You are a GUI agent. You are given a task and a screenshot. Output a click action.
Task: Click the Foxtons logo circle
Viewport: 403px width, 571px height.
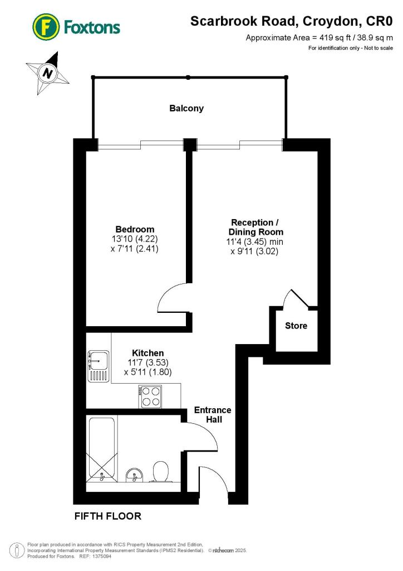click(x=46, y=27)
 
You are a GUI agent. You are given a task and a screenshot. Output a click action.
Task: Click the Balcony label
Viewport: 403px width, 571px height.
click(x=186, y=108)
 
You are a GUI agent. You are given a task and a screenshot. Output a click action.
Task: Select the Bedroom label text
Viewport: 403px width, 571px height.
click(x=135, y=229)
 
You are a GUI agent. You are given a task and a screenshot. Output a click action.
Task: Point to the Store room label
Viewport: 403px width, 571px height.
click(x=296, y=326)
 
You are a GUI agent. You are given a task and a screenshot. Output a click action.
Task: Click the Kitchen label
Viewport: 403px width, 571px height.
click(x=148, y=353)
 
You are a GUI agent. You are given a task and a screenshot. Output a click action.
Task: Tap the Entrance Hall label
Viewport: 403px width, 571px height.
click(x=212, y=414)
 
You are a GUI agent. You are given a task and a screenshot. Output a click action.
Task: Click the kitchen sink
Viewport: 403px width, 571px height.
click(x=98, y=366)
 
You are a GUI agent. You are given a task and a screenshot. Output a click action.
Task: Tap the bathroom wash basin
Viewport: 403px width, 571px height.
click(x=134, y=475)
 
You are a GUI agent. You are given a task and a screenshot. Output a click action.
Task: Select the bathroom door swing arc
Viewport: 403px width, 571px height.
click(x=203, y=435)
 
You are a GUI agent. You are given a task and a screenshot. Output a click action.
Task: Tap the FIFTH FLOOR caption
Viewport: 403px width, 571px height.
click(x=108, y=516)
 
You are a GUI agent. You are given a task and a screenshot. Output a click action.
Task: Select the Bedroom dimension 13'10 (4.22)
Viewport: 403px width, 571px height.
click(x=135, y=239)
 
